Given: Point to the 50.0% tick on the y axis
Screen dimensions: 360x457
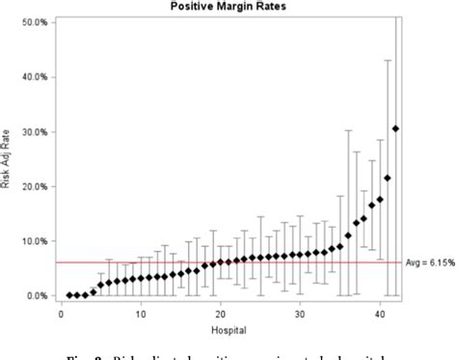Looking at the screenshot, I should tap(34, 21).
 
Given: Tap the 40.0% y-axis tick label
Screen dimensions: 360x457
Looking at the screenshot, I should tap(34, 76).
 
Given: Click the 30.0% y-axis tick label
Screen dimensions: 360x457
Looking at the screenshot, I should tap(34, 131).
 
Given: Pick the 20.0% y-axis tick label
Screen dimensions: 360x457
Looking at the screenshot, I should tap(34, 186).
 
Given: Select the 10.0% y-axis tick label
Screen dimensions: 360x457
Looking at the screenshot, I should tap(34, 241).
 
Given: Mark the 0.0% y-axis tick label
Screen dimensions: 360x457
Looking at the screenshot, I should tap(36, 295).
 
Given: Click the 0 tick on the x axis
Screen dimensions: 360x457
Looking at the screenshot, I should tap(61, 314).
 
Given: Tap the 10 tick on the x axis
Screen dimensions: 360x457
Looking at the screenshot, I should tap(141, 314).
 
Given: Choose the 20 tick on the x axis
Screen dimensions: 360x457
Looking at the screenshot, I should tap(221, 314).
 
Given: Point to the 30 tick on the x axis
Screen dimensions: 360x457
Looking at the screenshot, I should tap(300, 314).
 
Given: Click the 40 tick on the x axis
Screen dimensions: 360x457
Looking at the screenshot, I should tap(380, 314).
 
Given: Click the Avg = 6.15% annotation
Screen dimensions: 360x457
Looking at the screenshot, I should tap(429, 263).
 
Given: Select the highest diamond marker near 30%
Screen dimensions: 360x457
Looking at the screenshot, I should tap(395, 128).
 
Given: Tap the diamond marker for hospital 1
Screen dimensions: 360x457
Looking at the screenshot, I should tap(69, 295).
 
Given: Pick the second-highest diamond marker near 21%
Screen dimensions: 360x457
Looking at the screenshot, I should tap(388, 178).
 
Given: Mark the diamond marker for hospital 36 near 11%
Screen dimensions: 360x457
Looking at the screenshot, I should tap(348, 235).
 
